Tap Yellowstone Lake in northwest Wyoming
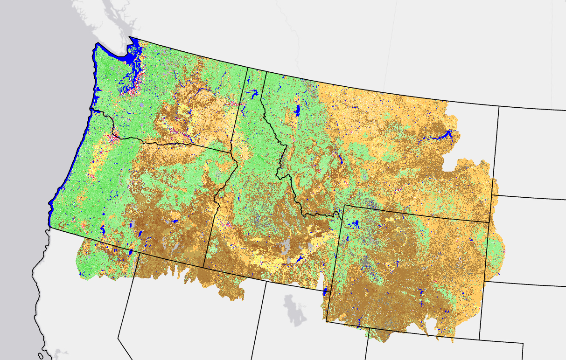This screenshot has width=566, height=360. (355, 224)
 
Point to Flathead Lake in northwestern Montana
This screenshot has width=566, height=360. (297, 111)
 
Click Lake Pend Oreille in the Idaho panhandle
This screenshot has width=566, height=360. (255, 95)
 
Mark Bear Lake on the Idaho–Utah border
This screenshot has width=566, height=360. (324, 292)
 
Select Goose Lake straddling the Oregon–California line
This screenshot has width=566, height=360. (131, 252)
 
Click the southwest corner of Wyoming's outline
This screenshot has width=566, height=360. (326, 321)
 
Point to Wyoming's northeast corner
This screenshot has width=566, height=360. (489, 222)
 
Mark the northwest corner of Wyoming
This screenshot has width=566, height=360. (344, 205)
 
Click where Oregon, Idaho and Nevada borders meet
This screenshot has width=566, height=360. (204, 268)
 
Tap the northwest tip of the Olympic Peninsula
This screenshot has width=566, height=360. (97, 44)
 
